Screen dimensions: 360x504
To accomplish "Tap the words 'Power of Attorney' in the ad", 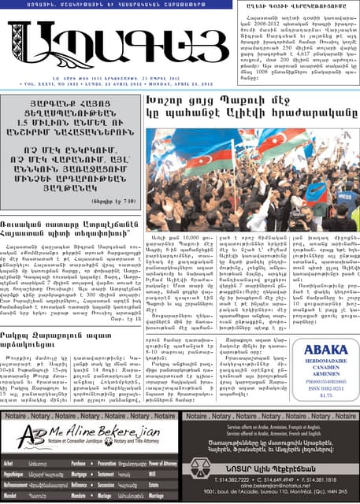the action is coord(162,465).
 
